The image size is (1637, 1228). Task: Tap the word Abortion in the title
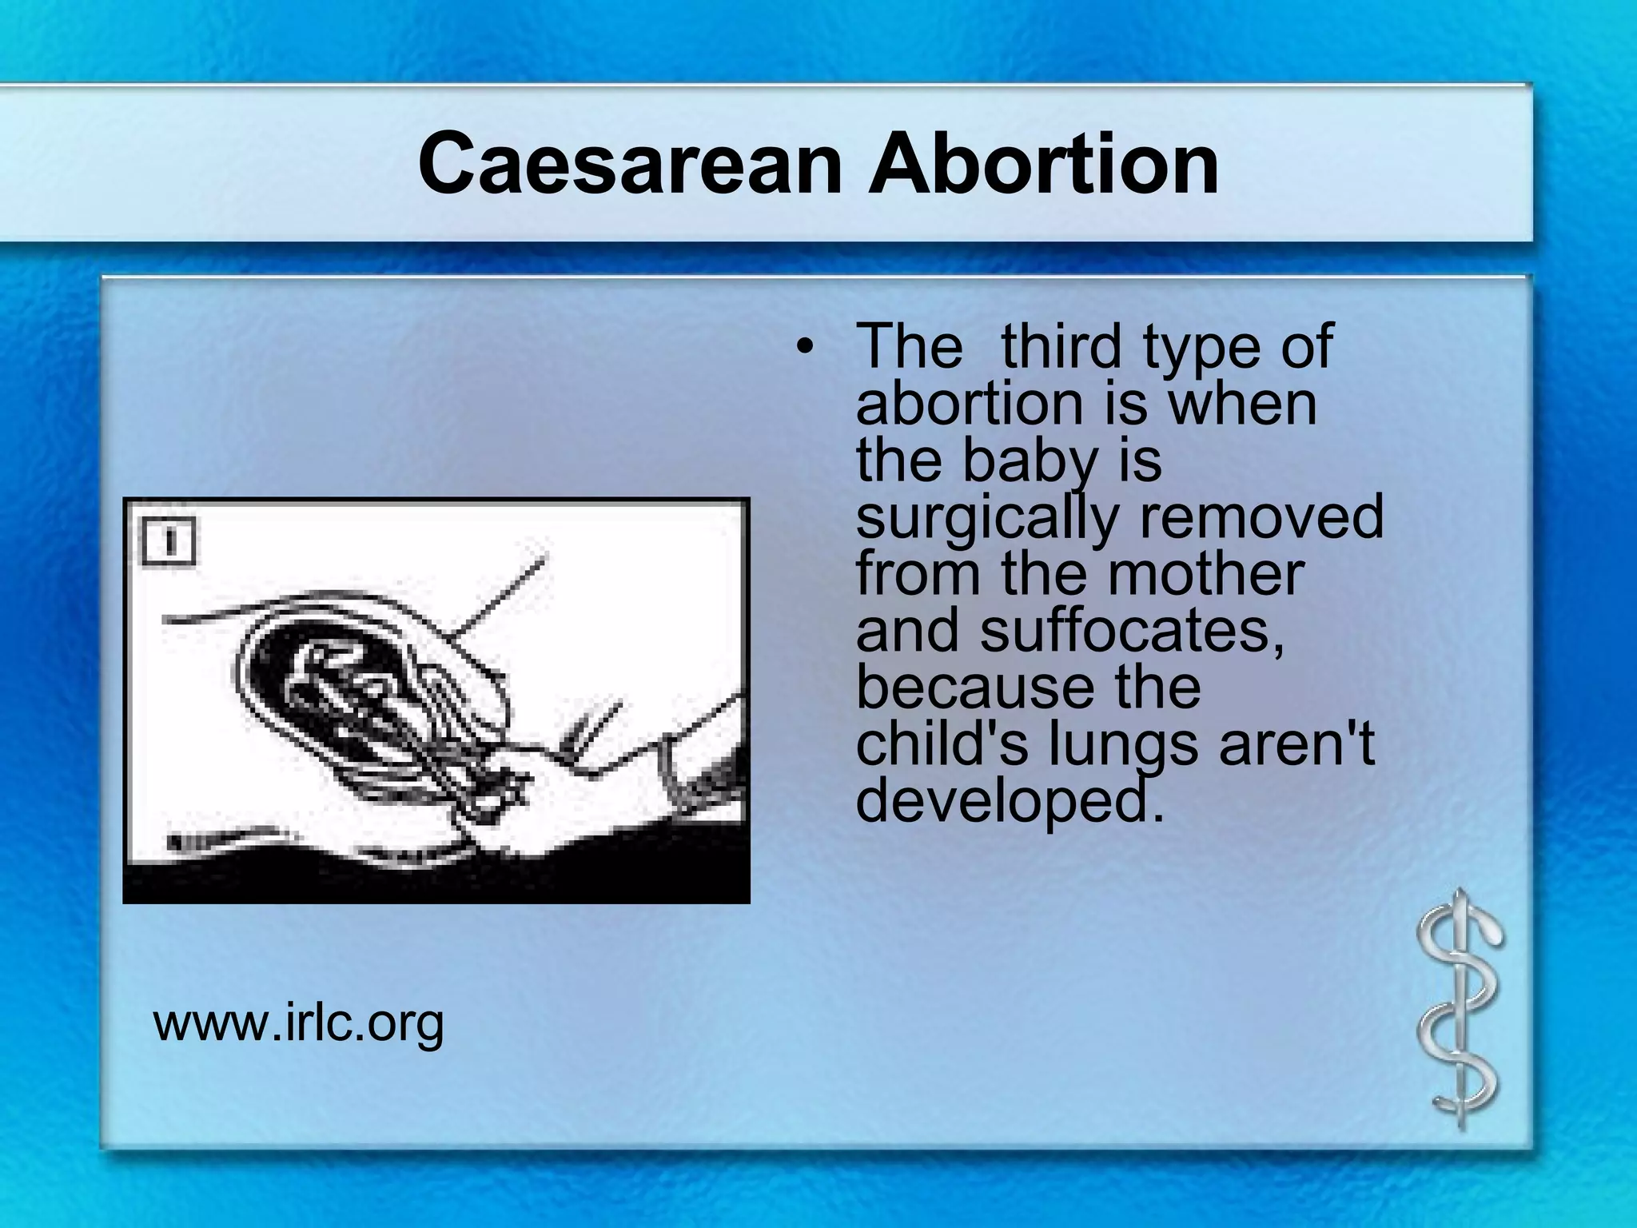[x=1043, y=165]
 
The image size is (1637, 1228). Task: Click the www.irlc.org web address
[x=298, y=1023]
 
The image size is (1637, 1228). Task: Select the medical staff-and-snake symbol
[x=1460, y=1009]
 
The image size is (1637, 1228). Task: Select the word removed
[x=1261, y=517]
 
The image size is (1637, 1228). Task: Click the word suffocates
[x=1132, y=631]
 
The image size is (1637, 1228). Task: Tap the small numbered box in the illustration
[x=169, y=542]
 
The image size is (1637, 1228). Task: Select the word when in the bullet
[x=1243, y=405]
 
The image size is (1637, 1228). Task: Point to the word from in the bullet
[x=918, y=574]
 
